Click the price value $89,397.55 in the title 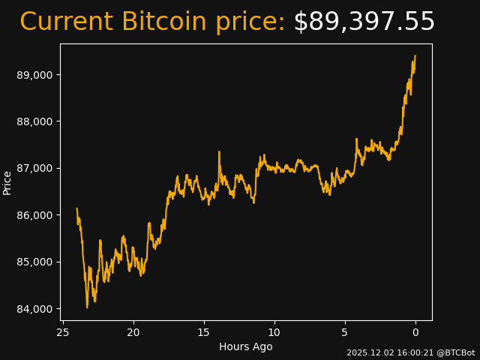pos(364,22)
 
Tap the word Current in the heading pos(67,22)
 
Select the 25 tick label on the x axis pos(63,332)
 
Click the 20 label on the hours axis pos(133,332)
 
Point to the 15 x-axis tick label pos(204,332)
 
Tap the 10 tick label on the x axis pos(274,332)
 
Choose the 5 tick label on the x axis pos(345,332)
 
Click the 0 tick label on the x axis pos(415,332)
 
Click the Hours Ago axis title pos(246,346)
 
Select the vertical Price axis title pos(7,182)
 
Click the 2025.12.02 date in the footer pos(367,352)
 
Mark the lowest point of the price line pos(87,307)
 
